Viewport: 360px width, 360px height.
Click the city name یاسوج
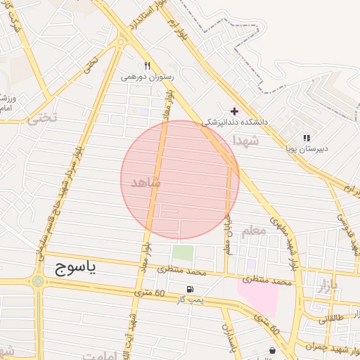74,267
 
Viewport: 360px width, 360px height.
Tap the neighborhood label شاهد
146,183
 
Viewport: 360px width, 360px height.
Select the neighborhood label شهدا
246,141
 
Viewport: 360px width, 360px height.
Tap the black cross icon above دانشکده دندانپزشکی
235,111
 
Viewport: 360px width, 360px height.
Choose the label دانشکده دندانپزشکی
235,122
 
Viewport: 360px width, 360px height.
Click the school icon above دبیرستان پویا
307,138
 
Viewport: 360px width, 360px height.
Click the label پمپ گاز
189,300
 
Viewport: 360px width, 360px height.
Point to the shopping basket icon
272,350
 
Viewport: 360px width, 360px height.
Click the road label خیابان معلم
227,233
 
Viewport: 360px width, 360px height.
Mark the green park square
183,253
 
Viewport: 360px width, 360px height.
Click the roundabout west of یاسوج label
37,281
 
